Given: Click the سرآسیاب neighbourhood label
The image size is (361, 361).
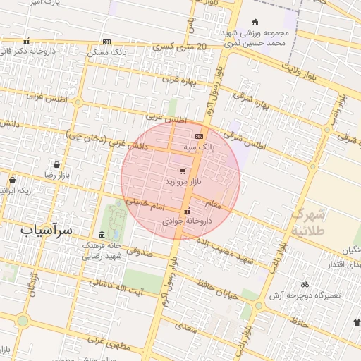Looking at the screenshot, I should [47, 230].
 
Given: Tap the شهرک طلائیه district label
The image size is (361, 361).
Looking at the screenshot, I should [310, 221].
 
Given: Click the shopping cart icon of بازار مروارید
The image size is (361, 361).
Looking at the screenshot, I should [183, 171].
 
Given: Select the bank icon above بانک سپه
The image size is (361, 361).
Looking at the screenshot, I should [199, 136].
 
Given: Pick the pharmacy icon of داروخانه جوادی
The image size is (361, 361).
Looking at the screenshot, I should [187, 211].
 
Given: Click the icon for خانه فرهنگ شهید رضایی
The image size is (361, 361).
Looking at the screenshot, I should [102, 235].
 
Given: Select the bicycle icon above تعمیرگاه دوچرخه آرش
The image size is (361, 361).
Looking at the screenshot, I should [305, 284].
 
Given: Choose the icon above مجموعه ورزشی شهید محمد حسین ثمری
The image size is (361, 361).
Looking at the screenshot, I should [255, 22].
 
